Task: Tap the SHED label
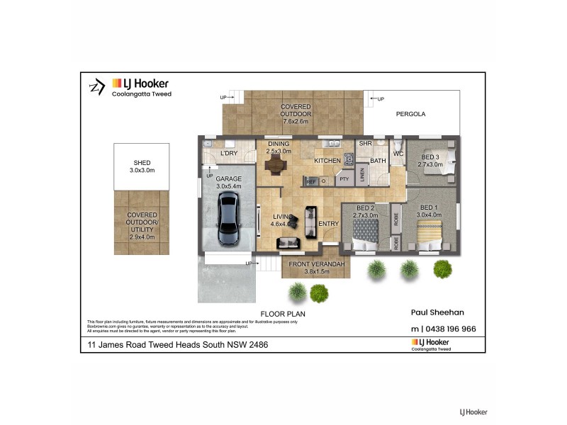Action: tap(142, 162)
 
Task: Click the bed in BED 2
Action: tap(366, 232)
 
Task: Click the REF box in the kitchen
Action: tap(310, 181)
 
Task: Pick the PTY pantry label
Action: tap(344, 180)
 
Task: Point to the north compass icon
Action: tap(95, 86)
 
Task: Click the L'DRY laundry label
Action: tap(228, 153)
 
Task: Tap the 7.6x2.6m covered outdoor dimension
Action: tap(296, 121)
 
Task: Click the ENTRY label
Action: tap(329, 224)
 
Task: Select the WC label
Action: tap(398, 153)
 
